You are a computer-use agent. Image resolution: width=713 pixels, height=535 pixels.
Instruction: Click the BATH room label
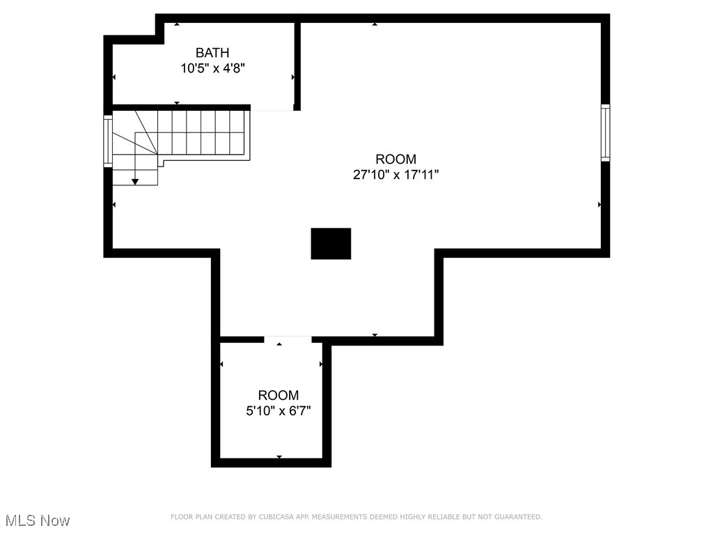tap(212, 53)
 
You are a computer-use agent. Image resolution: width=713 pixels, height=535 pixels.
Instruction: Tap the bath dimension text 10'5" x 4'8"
tap(212, 68)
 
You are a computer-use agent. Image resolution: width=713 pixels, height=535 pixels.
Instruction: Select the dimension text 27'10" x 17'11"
tap(395, 175)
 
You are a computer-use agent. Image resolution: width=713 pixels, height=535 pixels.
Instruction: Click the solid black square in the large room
tap(331, 244)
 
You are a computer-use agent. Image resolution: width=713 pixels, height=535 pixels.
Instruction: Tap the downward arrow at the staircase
tap(135, 181)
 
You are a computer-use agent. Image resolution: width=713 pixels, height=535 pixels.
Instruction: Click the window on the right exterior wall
tap(605, 132)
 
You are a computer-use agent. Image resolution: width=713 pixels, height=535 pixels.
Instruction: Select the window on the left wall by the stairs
tap(108, 141)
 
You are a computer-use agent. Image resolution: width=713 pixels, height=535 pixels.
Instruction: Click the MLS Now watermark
tap(38, 520)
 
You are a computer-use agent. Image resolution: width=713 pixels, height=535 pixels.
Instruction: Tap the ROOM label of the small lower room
tap(278, 395)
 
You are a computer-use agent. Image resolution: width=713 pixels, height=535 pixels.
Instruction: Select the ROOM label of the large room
tap(395, 160)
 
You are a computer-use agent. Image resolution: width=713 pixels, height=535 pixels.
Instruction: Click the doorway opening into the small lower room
tap(288, 339)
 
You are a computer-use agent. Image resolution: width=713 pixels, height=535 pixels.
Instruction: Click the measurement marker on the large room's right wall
tap(600, 205)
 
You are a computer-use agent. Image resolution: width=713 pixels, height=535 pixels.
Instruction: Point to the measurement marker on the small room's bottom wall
tap(279, 457)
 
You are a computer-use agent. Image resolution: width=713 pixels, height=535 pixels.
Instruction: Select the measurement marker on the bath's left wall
tap(114, 77)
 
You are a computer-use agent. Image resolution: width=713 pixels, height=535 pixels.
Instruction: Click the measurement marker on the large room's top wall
tap(375, 24)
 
